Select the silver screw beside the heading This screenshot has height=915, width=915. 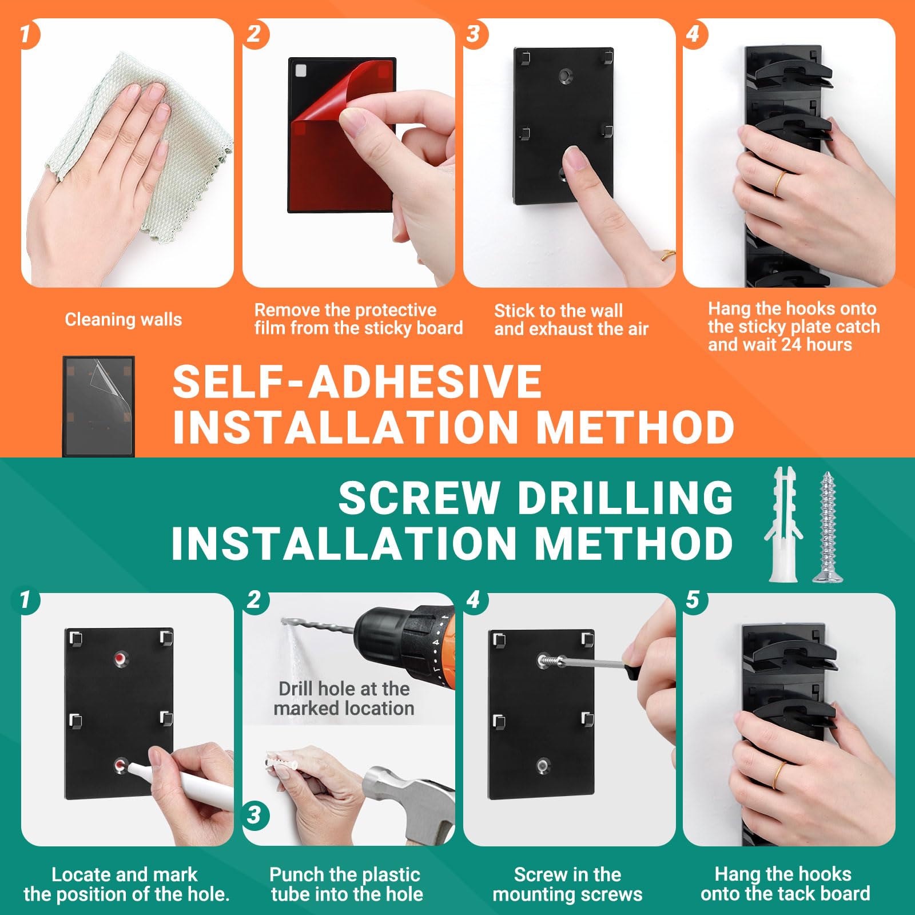tap(828, 526)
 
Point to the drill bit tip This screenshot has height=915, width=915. tap(284, 621)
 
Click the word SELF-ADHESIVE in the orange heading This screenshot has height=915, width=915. tap(357, 382)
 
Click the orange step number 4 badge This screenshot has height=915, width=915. tap(693, 34)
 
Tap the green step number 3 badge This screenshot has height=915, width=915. tap(255, 814)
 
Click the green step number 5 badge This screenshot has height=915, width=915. tap(693, 600)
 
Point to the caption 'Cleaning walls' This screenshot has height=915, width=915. tap(124, 319)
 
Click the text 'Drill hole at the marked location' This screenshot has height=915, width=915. tap(344, 698)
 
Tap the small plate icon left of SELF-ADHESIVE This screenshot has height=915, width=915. tap(98, 406)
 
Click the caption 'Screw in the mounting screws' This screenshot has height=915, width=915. tap(568, 884)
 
